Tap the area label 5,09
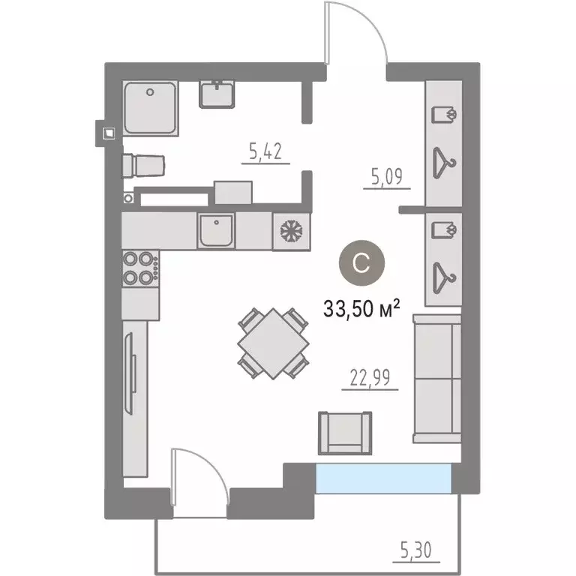click(x=387, y=178)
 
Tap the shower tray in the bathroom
click(x=151, y=109)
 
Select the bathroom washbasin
click(x=218, y=94)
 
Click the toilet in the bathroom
click(x=144, y=163)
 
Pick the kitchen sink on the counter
click(x=217, y=230)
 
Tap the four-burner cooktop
click(x=140, y=268)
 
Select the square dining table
click(x=273, y=344)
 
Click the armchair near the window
click(x=344, y=433)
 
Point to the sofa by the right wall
click(x=437, y=379)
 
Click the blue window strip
click(x=384, y=478)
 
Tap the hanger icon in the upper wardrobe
click(x=445, y=160)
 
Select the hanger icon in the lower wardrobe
click(x=445, y=275)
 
